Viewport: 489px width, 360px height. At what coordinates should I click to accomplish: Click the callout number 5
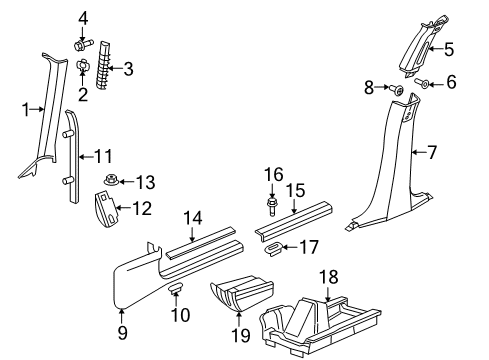coord(449,49)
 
